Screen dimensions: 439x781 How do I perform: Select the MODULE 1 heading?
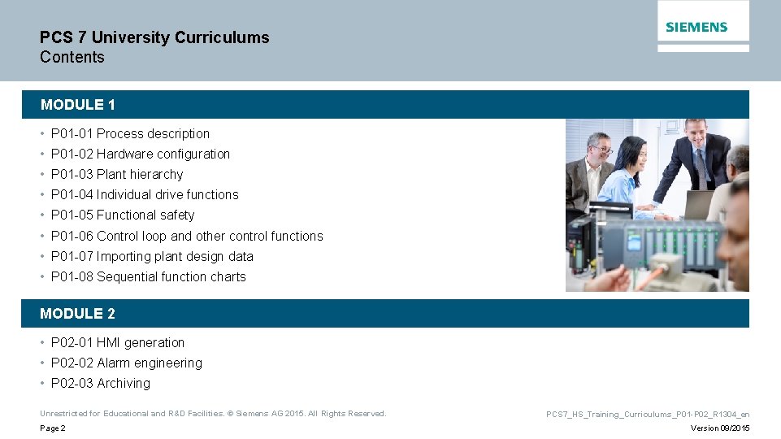(78, 105)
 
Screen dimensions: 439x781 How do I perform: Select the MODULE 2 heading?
(78, 314)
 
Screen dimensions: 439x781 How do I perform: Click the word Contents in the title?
(72, 57)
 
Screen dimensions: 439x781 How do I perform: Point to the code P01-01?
(72, 134)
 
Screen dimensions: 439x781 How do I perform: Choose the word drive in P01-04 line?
(168, 195)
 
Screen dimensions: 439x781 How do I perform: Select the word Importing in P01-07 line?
(124, 257)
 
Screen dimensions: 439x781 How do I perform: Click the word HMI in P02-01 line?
(109, 343)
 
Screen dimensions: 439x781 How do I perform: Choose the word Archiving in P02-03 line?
(124, 384)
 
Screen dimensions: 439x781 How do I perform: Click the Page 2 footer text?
(53, 428)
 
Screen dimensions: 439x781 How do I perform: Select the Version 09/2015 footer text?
(720, 428)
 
